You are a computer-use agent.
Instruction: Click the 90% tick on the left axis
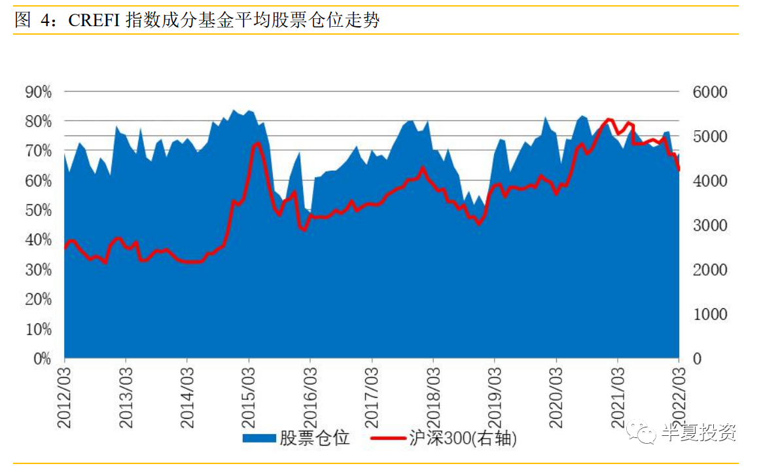coord(38,92)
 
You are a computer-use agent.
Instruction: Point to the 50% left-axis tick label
coord(38,211)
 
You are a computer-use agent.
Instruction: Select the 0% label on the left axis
coord(41,359)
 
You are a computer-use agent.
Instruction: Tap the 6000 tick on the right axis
coord(710,92)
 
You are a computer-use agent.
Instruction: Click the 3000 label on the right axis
coord(710,226)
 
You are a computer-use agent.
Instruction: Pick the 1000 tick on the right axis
coord(710,315)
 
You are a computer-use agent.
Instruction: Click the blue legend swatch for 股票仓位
coord(259,438)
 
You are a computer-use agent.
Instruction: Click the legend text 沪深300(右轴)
coord(463,438)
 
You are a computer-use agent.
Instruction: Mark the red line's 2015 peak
coord(257,143)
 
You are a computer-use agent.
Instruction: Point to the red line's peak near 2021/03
coord(609,120)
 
